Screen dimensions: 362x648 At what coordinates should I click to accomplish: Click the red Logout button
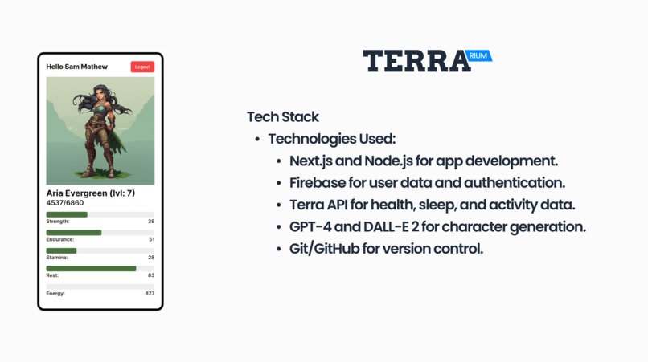(142, 67)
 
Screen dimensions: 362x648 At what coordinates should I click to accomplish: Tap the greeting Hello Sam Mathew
(76, 67)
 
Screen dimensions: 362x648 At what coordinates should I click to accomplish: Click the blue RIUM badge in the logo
(478, 56)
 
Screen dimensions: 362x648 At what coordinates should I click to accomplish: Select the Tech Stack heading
(282, 116)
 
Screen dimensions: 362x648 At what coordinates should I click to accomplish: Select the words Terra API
(323, 205)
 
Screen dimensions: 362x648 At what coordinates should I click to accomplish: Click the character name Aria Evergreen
(76, 193)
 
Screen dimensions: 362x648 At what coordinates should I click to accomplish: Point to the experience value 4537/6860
(65, 203)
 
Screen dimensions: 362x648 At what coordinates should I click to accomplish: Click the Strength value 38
(151, 222)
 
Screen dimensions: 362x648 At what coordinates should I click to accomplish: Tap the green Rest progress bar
(91, 268)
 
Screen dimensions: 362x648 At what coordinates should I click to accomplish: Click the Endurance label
(60, 239)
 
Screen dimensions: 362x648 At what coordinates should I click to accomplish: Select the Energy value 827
(150, 294)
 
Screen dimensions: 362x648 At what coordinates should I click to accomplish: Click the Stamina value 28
(151, 258)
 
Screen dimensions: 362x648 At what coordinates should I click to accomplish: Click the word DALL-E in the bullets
(392, 226)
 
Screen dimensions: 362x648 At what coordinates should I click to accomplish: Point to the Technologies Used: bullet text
(331, 139)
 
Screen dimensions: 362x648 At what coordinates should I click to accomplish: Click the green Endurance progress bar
(74, 233)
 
